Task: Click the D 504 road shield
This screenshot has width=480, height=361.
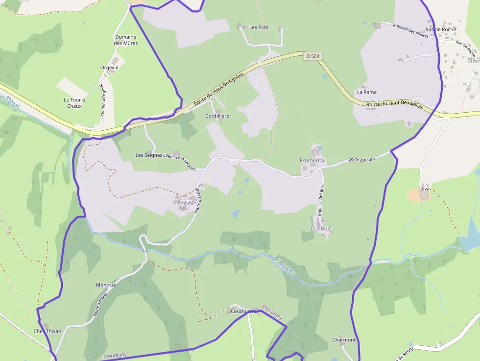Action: [312, 56]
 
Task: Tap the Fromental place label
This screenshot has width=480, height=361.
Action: [312, 161]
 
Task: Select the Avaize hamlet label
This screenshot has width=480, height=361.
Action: [185, 202]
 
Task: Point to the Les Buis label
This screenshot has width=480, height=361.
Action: [321, 229]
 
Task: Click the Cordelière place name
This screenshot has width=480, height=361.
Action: [217, 116]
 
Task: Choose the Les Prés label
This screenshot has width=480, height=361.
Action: [259, 27]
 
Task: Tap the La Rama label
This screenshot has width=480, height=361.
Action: [366, 92]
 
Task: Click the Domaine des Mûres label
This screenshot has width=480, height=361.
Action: [126, 40]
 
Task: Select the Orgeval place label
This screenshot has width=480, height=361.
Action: [109, 68]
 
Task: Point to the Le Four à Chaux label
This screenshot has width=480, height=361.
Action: [74, 102]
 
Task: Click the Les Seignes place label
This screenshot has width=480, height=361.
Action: [149, 155]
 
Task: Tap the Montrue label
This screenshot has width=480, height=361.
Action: [106, 285]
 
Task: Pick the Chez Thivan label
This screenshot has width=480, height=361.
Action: [48, 331]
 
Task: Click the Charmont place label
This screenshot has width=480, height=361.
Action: [343, 340]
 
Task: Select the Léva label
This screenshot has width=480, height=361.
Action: [425, 189]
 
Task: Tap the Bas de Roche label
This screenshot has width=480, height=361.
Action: [440, 30]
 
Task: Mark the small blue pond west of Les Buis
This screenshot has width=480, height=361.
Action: [236, 214]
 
